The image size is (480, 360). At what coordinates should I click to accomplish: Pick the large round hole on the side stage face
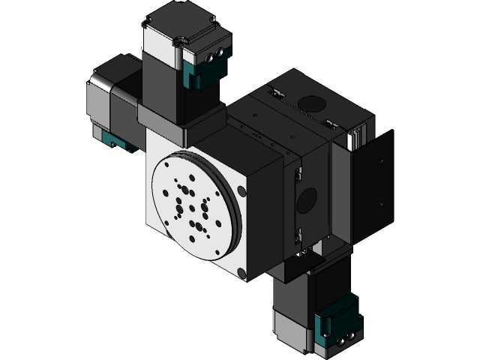307,199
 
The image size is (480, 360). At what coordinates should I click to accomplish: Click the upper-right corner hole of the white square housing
239,190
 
